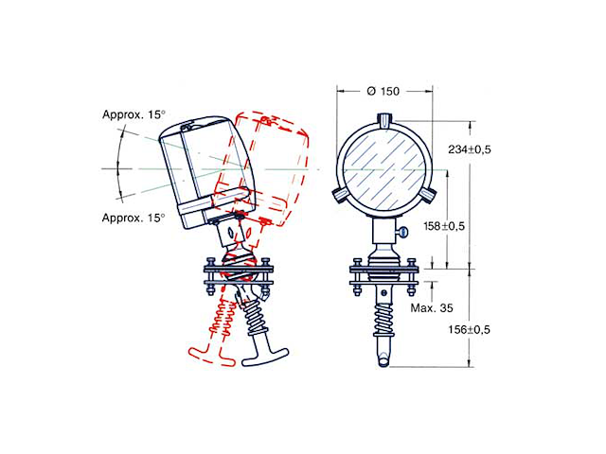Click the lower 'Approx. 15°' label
point(134,218)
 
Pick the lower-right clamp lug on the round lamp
point(428,194)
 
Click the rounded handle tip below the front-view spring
point(383,360)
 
